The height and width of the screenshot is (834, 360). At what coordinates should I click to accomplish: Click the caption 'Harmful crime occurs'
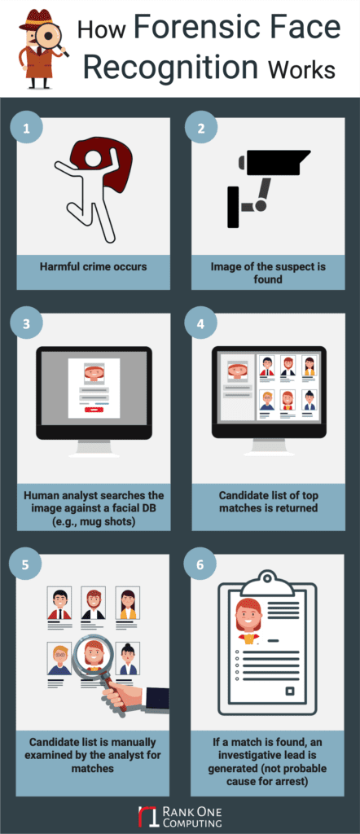pyautogui.click(x=94, y=266)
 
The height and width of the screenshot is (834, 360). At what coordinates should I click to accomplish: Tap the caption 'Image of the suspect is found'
pyautogui.click(x=268, y=273)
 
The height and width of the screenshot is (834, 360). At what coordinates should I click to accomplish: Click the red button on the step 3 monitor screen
pyautogui.click(x=94, y=410)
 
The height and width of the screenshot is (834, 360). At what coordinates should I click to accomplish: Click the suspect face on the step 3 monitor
pyautogui.click(x=94, y=373)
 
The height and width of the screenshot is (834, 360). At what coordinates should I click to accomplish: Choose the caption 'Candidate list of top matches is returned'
pyautogui.click(x=268, y=501)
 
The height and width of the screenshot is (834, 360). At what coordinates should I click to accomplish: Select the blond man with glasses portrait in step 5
pyautogui.click(x=59, y=658)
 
